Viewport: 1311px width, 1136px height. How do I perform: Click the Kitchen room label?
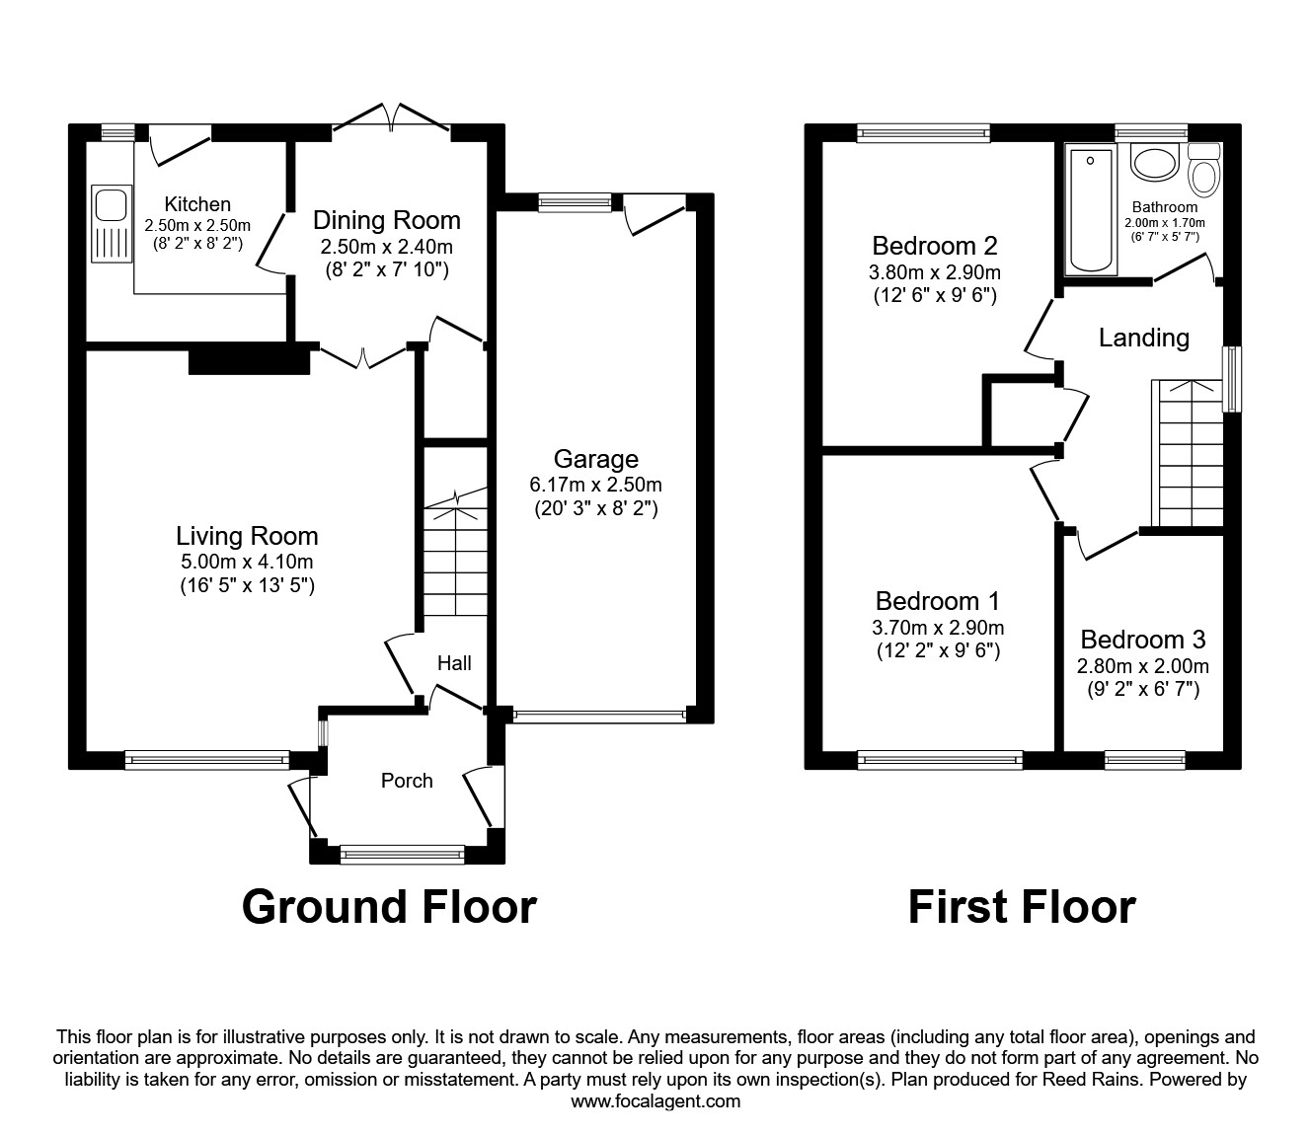tap(197, 204)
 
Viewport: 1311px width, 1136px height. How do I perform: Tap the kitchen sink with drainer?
tap(112, 223)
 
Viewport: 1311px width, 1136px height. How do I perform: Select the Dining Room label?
tap(387, 220)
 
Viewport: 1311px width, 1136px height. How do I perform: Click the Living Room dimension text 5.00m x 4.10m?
tap(247, 562)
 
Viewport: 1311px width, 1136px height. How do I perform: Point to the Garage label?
tap(595, 459)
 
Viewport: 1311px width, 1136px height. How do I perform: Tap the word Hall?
tap(454, 663)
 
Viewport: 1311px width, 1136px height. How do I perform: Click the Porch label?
tap(407, 780)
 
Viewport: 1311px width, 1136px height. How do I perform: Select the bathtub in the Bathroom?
tap(1090, 209)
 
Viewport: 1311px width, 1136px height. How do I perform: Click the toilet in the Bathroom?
tap(1203, 170)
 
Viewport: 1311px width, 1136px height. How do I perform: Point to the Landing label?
tap(1143, 338)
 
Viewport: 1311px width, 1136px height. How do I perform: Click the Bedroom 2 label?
tap(934, 246)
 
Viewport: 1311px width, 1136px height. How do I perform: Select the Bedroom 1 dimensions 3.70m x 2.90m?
tap(938, 628)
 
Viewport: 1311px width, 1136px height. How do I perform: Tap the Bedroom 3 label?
tap(1142, 640)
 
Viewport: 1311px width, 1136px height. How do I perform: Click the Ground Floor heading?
tap(389, 907)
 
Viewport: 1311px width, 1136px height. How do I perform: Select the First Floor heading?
tap(1022, 907)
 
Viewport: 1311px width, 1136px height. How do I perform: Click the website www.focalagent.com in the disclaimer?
tap(655, 1101)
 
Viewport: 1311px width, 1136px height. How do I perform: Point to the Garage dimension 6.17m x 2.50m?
tap(595, 486)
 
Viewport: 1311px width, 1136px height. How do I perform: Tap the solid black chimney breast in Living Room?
tap(249, 359)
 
